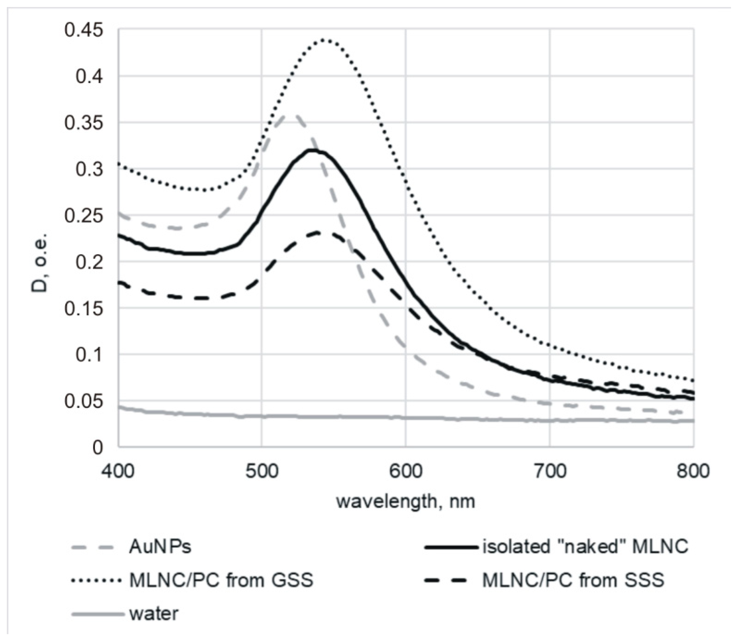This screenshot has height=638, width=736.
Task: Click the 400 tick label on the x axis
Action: tap(118, 471)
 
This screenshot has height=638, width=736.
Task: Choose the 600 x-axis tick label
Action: tap(405, 471)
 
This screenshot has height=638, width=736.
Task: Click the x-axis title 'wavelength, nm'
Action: tap(405, 502)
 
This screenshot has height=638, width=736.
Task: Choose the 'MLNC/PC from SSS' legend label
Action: tap(573, 581)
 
